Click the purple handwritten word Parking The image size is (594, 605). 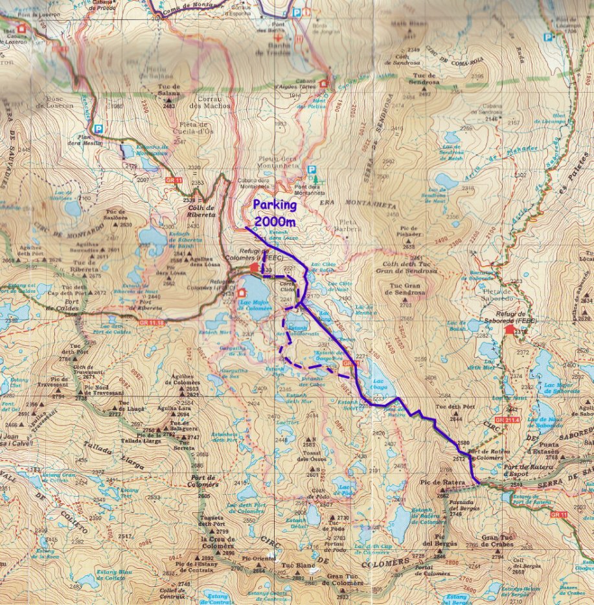275,205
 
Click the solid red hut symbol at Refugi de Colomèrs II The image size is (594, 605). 254,267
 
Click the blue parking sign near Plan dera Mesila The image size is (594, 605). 97,128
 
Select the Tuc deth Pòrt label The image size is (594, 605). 451,407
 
